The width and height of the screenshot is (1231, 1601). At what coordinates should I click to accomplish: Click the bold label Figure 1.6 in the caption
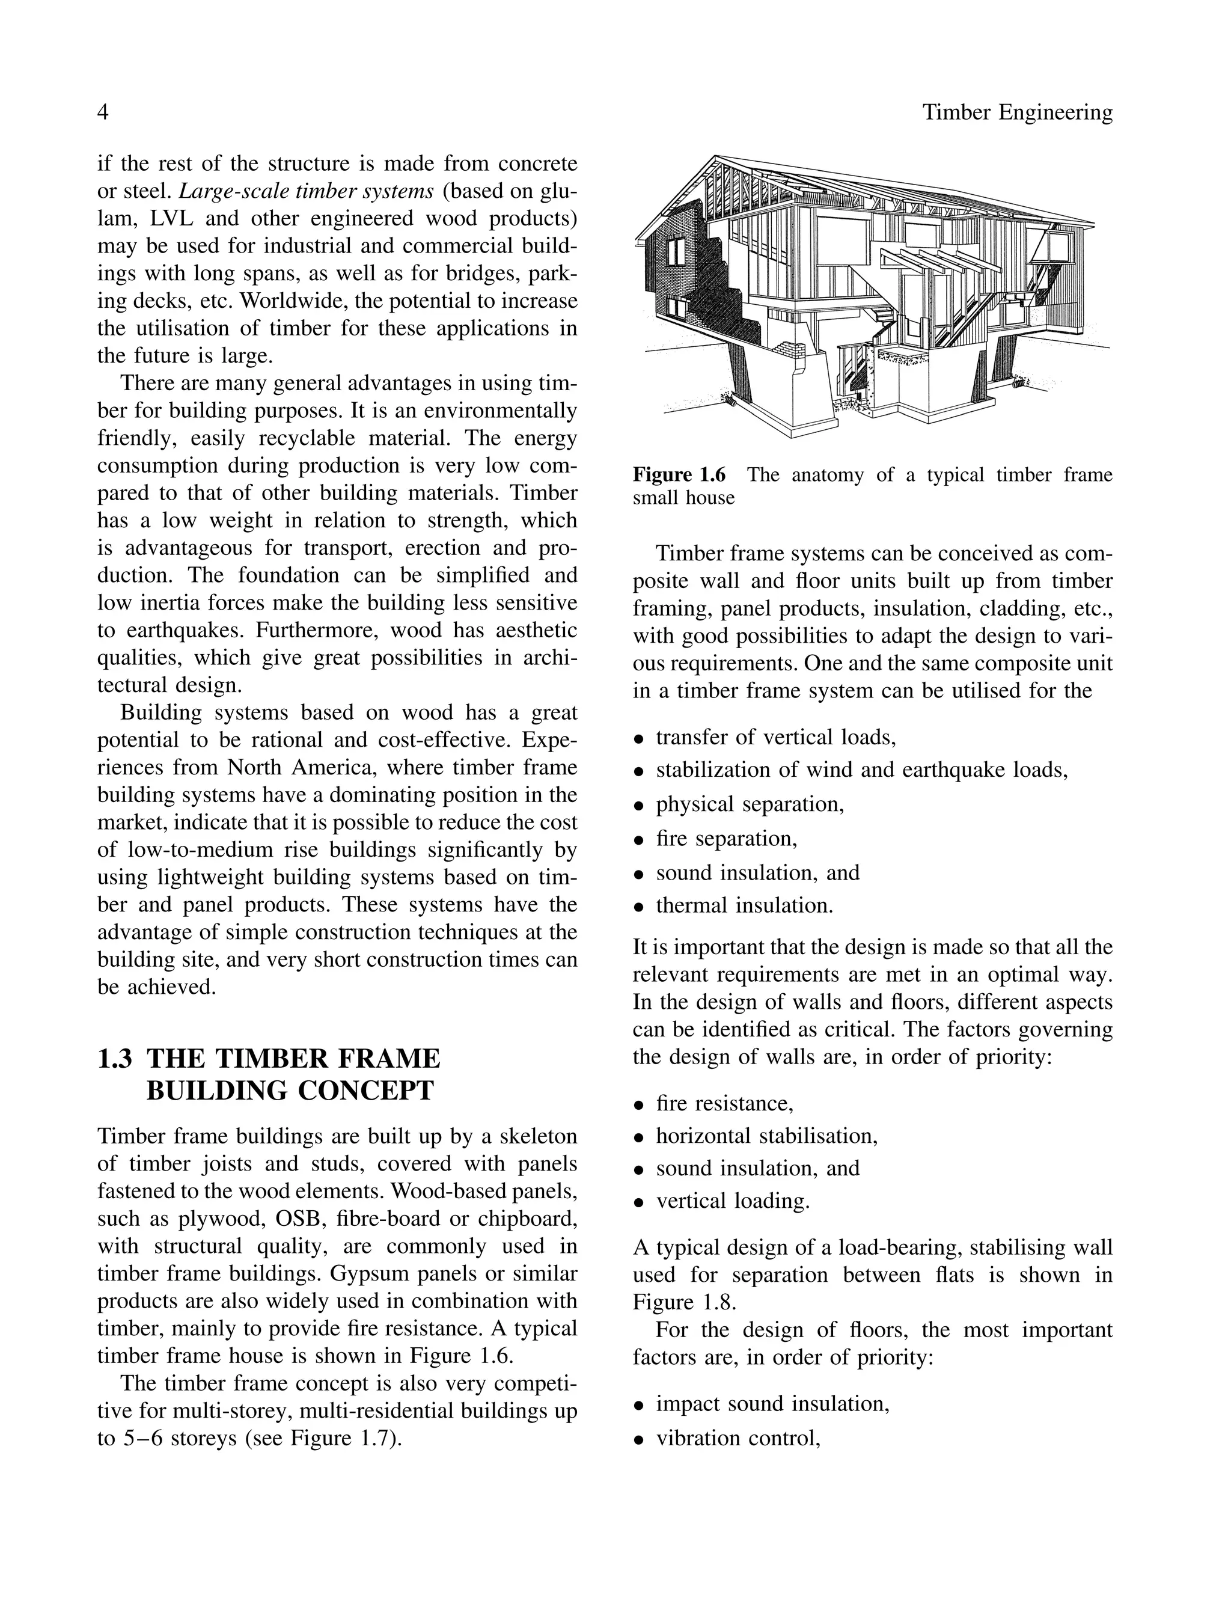coord(679,476)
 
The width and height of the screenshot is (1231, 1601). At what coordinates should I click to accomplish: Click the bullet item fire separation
coord(725,838)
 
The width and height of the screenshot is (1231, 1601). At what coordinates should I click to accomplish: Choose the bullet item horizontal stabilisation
coord(766,1136)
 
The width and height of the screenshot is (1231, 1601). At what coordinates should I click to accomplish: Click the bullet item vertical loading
coord(732,1202)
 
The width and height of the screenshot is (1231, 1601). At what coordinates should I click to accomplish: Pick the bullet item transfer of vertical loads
coord(775,737)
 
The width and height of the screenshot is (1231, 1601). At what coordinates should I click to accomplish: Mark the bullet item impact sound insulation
coord(772,1404)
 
